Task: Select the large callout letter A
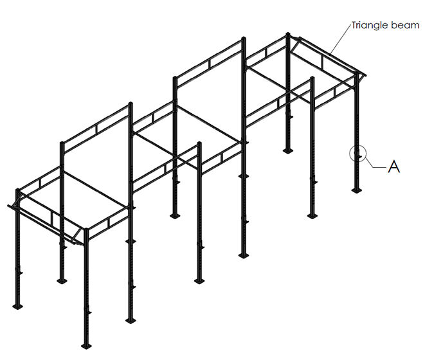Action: point(393,166)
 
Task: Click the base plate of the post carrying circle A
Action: point(356,190)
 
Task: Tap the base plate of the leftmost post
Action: point(17,307)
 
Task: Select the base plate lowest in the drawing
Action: point(86,346)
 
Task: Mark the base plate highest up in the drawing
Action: point(288,150)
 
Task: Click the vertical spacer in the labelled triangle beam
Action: point(322,62)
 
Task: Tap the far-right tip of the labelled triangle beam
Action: point(366,75)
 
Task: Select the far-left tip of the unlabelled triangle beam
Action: point(8,206)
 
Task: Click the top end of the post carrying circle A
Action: point(357,74)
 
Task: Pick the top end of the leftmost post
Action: point(17,190)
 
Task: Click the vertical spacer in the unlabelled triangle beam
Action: point(51,218)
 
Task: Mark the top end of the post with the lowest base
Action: point(86,230)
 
